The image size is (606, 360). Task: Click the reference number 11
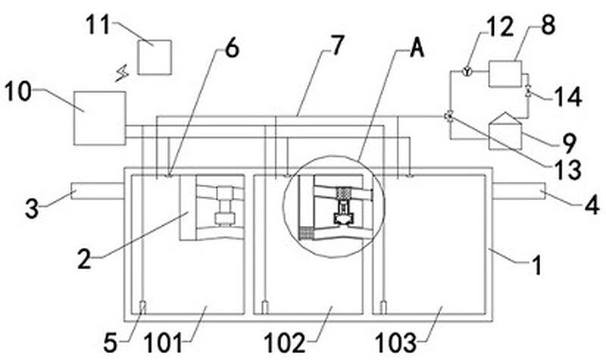(98, 25)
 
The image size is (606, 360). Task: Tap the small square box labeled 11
(155, 58)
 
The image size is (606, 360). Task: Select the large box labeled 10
(100, 118)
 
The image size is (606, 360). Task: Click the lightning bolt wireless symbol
(123, 74)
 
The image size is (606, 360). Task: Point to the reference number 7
(336, 45)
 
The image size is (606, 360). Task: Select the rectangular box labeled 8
(505, 74)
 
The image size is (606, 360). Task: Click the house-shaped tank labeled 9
(504, 130)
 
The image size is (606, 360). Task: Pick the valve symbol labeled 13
(449, 116)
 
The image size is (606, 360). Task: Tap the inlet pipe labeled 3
(98, 191)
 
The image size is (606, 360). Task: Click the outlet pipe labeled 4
(519, 191)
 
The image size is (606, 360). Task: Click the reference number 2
(85, 259)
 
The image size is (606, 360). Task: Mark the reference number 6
(232, 49)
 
